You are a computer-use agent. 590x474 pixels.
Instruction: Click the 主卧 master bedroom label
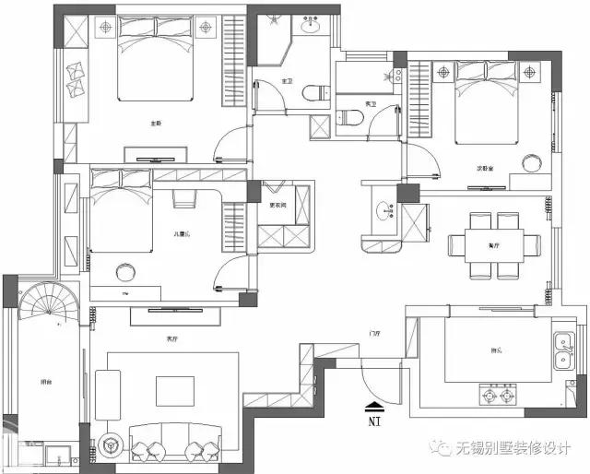click(156, 123)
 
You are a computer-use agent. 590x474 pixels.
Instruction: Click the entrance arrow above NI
click(374, 404)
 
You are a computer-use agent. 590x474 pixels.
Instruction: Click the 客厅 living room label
click(171, 339)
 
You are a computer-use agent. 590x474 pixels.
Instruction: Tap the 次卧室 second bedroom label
click(484, 169)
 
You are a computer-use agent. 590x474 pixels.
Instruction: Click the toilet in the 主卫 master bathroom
click(314, 89)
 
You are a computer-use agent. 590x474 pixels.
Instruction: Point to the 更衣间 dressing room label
click(277, 206)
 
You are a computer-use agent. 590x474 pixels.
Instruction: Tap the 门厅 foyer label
click(374, 332)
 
